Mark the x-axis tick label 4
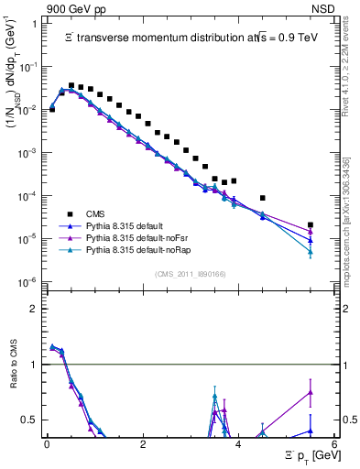click(238, 444)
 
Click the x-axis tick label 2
click(143, 444)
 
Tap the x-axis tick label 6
click(334, 444)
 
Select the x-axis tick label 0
click(47, 444)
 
